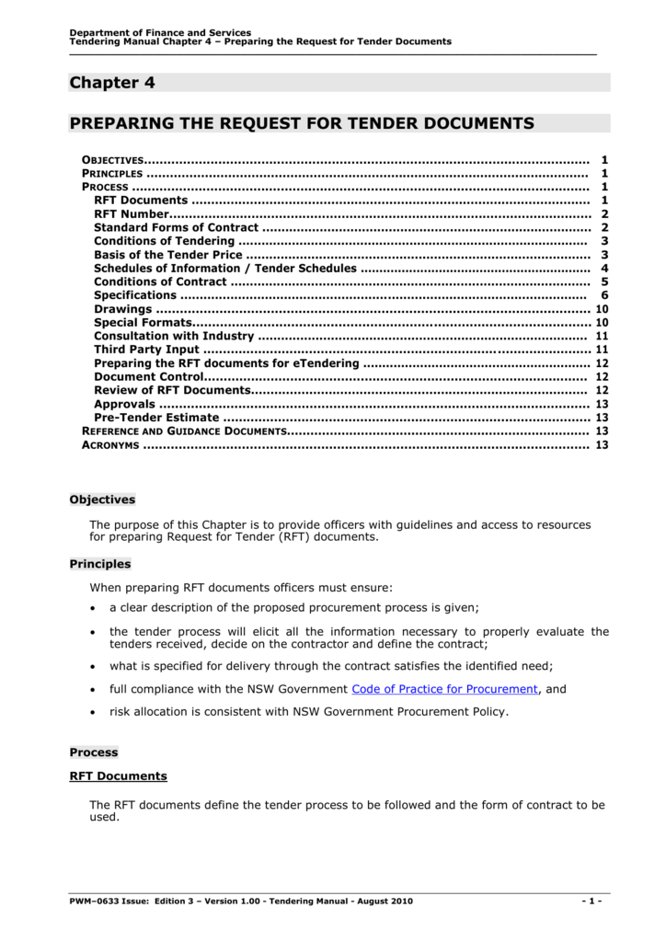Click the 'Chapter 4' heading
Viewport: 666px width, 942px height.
click(112, 83)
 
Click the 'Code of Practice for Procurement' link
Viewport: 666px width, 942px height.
click(444, 688)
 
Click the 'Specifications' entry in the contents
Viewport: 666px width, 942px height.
click(134, 295)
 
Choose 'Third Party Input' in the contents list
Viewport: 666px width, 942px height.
click(145, 350)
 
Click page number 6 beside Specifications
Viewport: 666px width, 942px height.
click(604, 295)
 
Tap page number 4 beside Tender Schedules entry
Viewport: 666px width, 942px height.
click(604, 269)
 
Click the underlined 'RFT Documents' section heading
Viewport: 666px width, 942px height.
click(119, 775)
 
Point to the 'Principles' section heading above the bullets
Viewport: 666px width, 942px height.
click(100, 564)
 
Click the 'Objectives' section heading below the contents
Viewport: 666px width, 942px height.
click(102, 500)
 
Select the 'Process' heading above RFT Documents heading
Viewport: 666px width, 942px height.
click(94, 752)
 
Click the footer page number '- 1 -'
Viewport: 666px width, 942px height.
click(591, 900)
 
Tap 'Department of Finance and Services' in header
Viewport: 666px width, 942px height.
click(160, 33)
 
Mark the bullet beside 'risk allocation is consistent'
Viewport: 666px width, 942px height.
click(94, 712)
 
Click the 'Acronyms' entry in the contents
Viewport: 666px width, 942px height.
click(110, 445)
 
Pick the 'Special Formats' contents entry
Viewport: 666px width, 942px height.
click(143, 323)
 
